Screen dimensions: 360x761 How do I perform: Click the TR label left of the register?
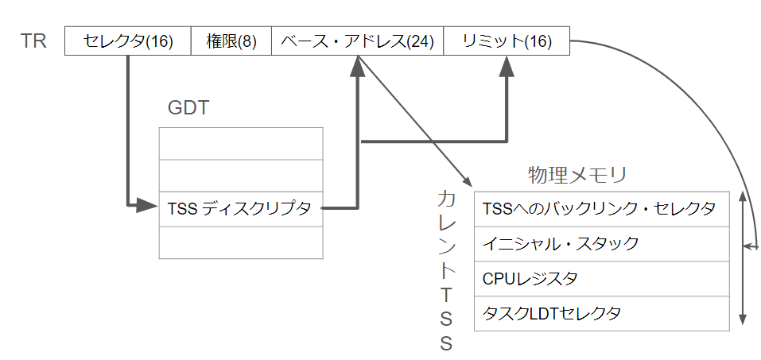(33, 41)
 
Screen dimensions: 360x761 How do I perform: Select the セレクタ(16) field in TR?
(127, 41)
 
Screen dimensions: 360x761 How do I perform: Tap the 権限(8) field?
(231, 41)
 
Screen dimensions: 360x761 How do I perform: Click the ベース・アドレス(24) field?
(356, 41)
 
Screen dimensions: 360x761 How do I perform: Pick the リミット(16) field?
(506, 41)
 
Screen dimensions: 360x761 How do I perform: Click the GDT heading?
(188, 108)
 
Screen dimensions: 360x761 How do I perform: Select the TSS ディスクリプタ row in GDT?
(241, 209)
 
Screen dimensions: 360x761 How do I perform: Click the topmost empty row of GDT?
(241, 143)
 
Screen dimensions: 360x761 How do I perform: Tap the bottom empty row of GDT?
(241, 242)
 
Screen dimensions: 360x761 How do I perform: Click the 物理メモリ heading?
(578, 174)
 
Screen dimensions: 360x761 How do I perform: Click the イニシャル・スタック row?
(600, 243)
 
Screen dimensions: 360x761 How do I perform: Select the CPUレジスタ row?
(600, 278)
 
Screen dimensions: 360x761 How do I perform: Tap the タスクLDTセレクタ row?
(600, 313)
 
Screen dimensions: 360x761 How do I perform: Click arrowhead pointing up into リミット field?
(506, 67)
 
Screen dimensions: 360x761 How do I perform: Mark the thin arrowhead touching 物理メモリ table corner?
(465, 182)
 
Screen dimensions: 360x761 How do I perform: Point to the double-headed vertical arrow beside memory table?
(742, 262)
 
